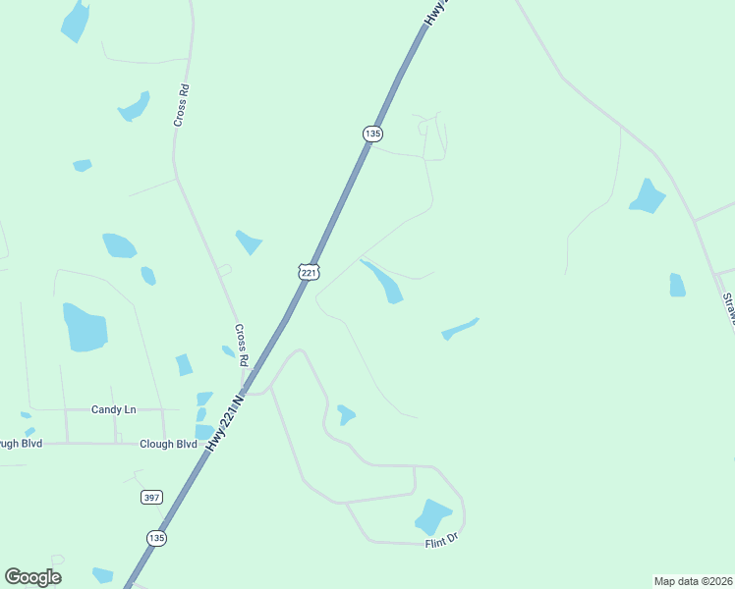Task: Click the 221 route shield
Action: point(309,271)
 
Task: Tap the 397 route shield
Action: point(150,498)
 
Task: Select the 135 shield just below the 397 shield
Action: point(156,538)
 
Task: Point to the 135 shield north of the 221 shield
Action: point(371,133)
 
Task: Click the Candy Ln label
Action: point(113,409)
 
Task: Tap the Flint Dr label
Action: point(442,540)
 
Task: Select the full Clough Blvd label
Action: point(168,444)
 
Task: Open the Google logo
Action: point(32,576)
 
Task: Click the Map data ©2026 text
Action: point(693,580)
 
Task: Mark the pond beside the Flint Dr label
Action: point(431,515)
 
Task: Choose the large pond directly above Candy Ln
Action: point(85,327)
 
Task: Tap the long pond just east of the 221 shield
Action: point(382,281)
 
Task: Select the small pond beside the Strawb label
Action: point(677,285)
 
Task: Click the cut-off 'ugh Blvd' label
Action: point(21,444)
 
